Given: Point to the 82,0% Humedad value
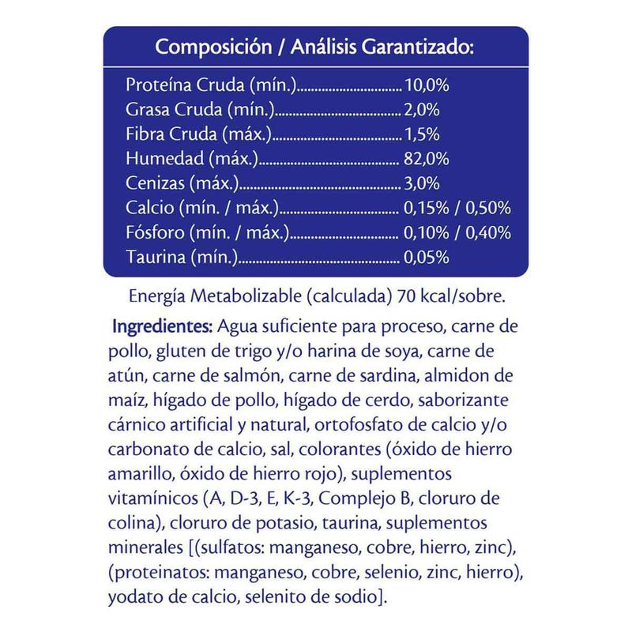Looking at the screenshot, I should click(427, 159).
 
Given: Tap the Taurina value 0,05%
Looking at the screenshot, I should click(427, 258).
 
